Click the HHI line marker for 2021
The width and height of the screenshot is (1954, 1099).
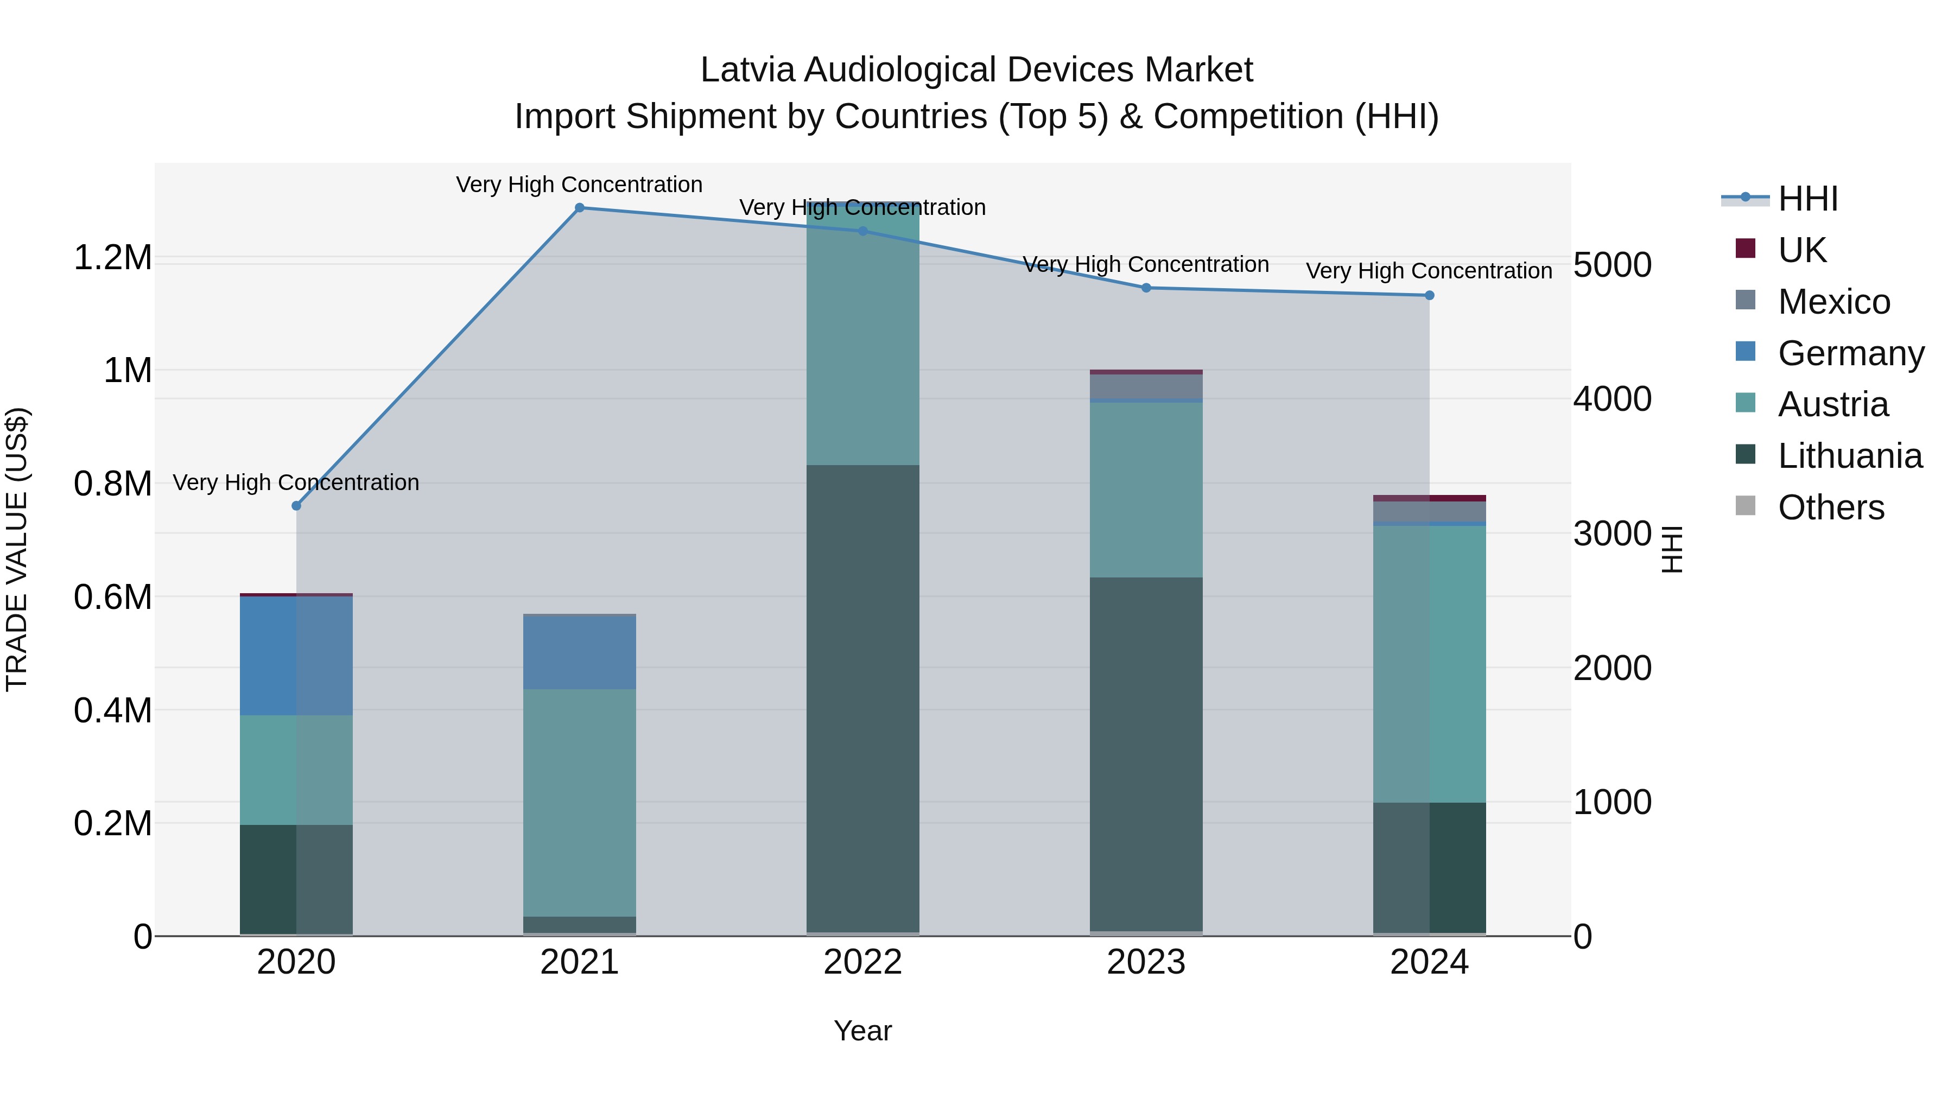pos(580,208)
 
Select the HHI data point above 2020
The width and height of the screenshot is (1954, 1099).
pos(296,506)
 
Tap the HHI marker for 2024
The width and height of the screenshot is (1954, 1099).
pos(1429,296)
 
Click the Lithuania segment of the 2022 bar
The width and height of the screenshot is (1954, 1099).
pos(862,698)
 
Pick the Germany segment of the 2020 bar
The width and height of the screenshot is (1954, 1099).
pos(296,656)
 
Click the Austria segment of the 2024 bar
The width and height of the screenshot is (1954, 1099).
pos(1429,664)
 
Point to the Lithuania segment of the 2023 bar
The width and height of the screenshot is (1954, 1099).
pos(1145,755)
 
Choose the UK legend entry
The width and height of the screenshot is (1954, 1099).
pos(1801,250)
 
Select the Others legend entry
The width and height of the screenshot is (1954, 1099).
pos(1830,507)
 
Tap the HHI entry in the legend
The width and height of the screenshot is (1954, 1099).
pos(1807,199)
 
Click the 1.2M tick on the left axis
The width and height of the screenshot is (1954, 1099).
pos(112,258)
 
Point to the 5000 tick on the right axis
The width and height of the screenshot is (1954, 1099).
pos(1612,265)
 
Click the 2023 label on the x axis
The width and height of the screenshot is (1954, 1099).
pos(1145,962)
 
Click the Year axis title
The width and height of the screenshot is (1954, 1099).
pos(862,1031)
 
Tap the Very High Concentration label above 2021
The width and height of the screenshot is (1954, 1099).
pos(580,185)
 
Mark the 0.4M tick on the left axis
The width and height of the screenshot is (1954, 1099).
pos(112,710)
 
